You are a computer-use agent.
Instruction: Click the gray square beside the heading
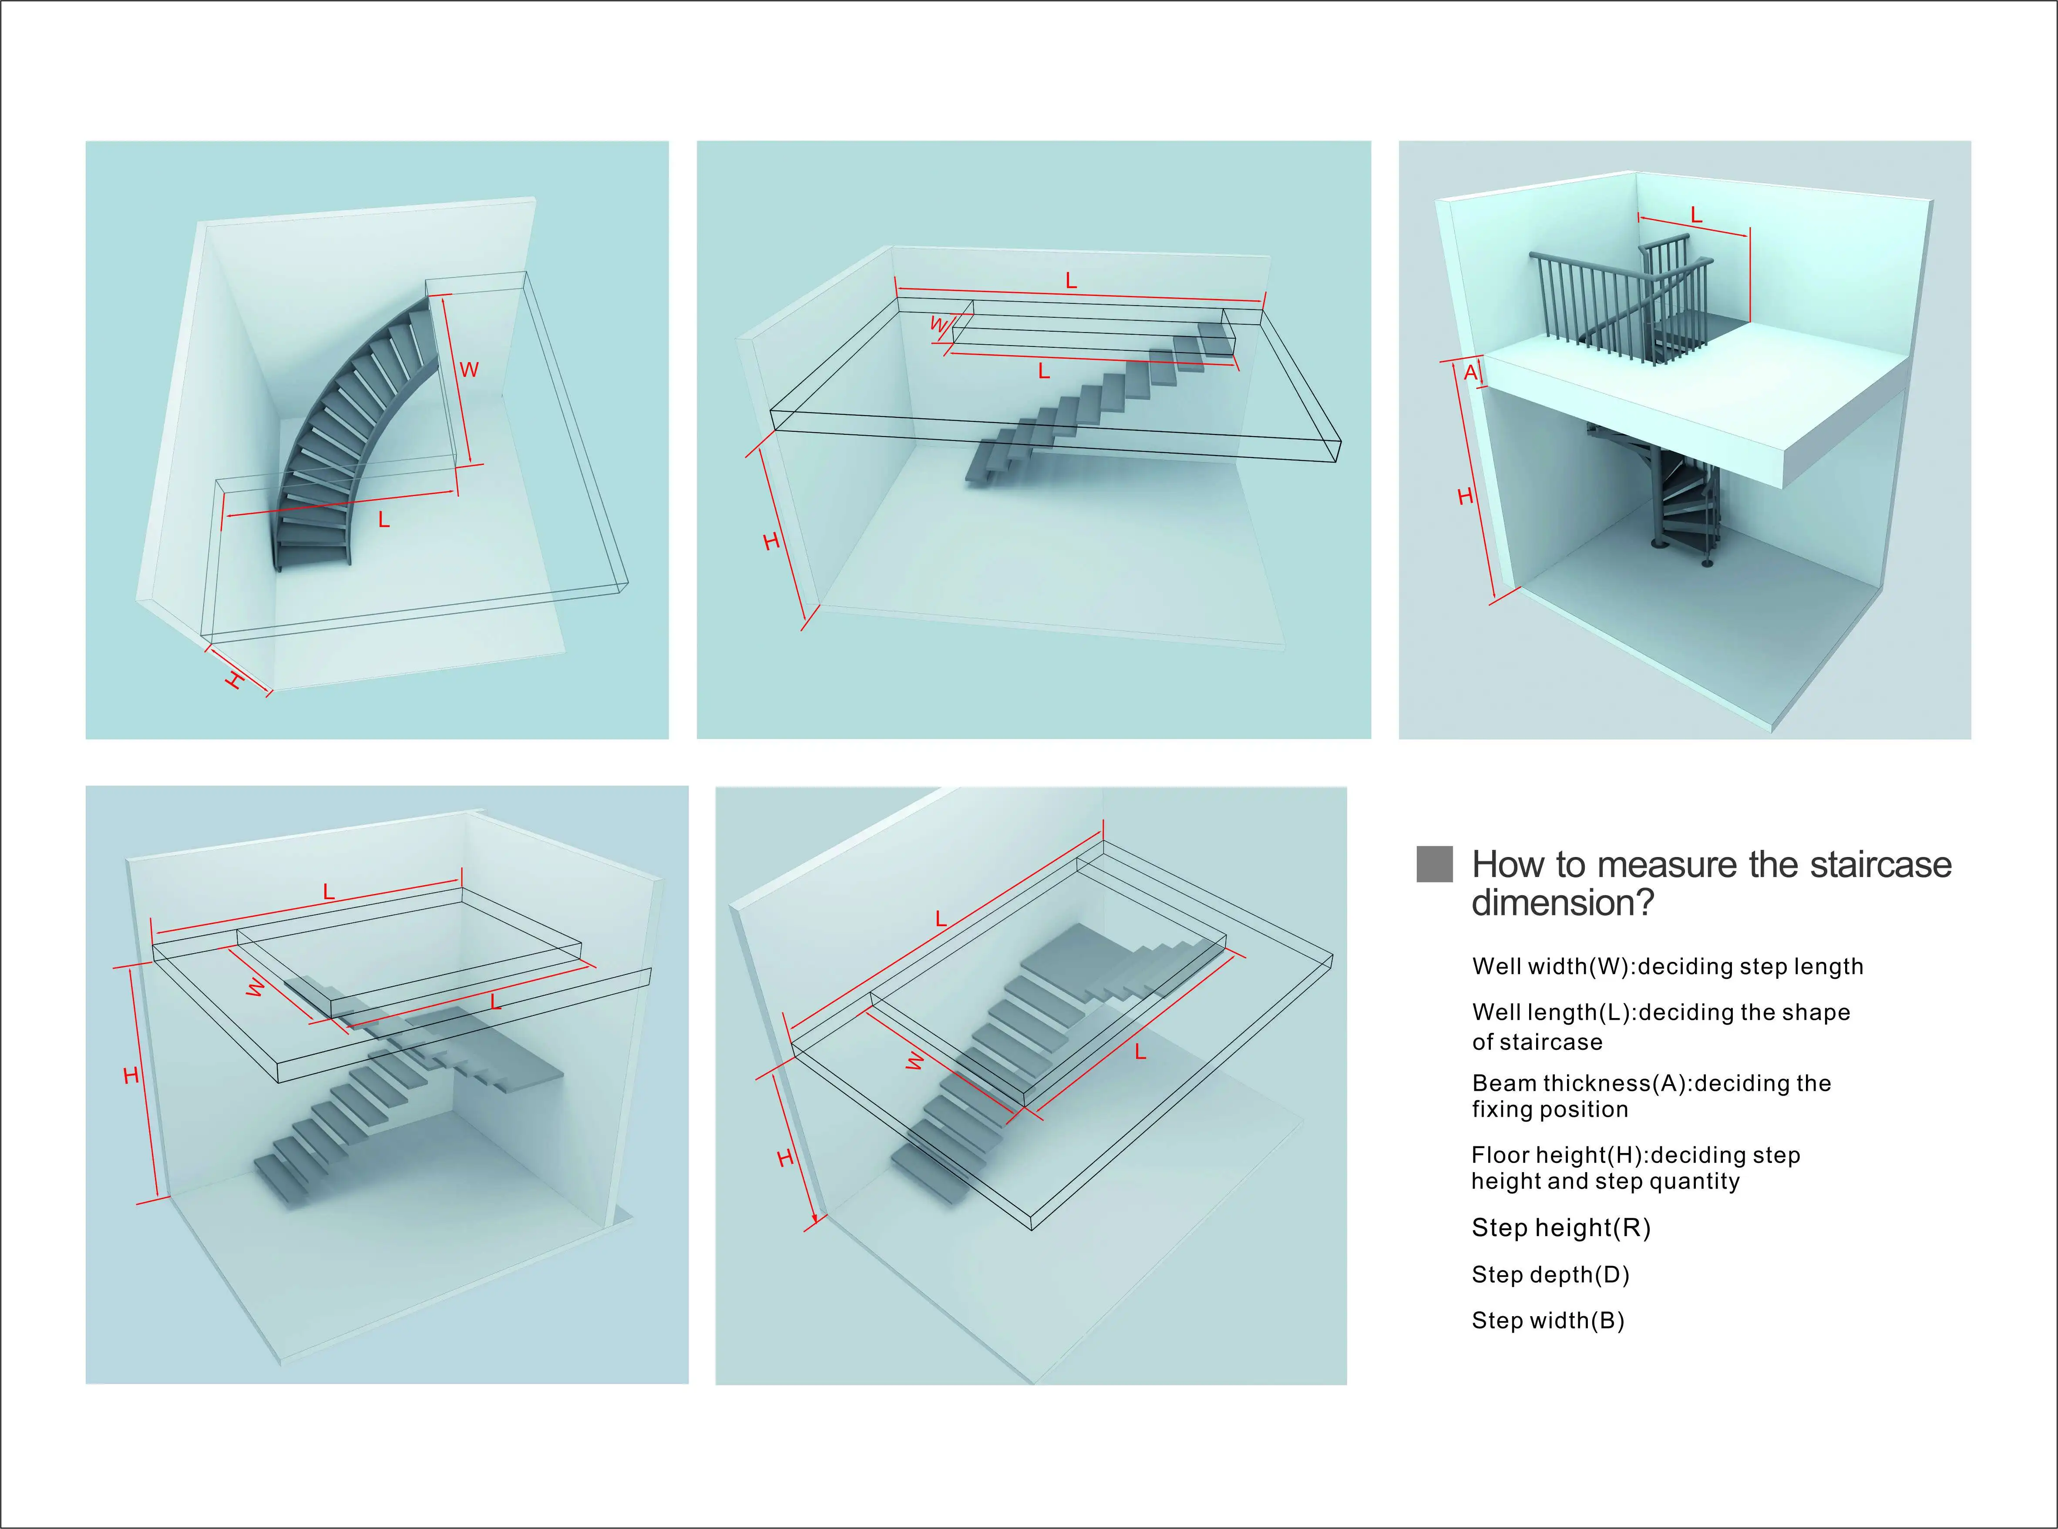pyautogui.click(x=1434, y=864)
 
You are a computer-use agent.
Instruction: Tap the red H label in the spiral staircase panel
pyautogui.click(x=1465, y=497)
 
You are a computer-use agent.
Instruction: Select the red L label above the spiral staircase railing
pyautogui.click(x=1696, y=215)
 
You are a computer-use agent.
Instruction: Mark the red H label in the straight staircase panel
pyautogui.click(x=771, y=541)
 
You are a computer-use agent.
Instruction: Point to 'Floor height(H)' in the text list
pyautogui.click(x=1559, y=1155)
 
